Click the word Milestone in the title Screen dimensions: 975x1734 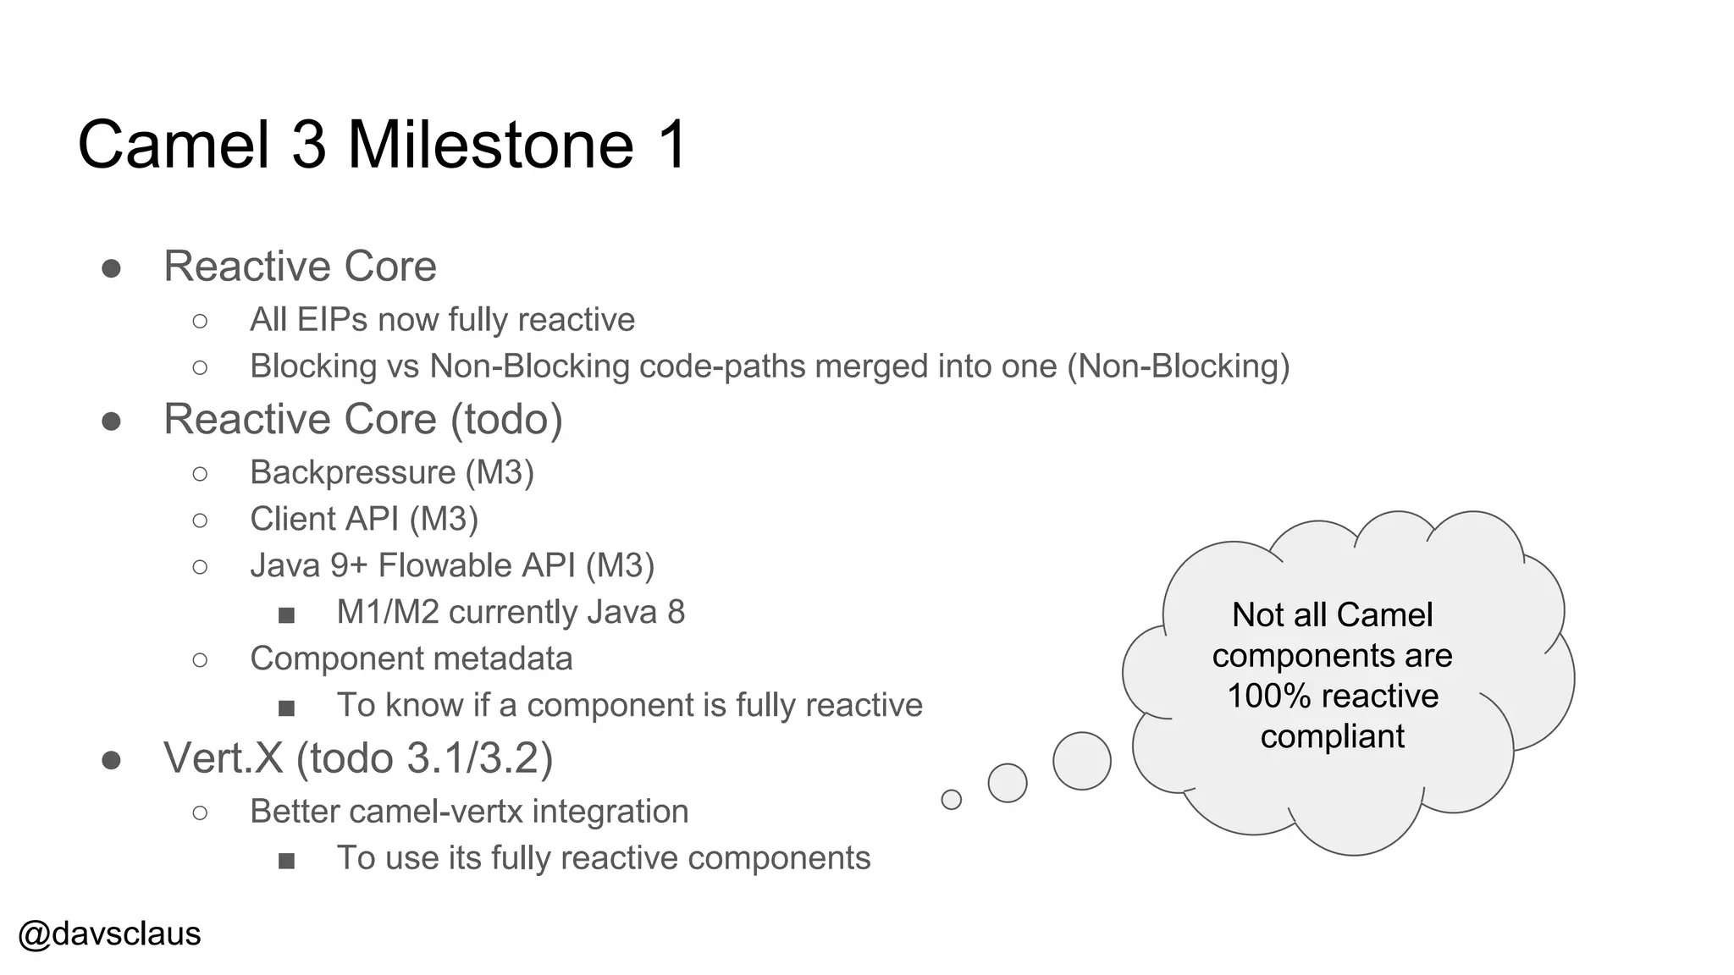(x=490, y=145)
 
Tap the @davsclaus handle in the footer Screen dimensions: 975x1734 (x=109, y=934)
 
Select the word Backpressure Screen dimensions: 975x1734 (x=352, y=472)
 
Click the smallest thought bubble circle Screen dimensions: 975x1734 (x=952, y=799)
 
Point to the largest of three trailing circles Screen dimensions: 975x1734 (x=1081, y=761)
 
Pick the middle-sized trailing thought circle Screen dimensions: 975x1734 (x=1008, y=782)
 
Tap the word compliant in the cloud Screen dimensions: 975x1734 (x=1332, y=736)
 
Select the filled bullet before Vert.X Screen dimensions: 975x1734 (x=111, y=760)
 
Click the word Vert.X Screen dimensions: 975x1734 (x=224, y=757)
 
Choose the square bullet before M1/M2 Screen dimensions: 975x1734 (x=286, y=614)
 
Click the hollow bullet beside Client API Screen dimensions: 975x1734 (x=200, y=520)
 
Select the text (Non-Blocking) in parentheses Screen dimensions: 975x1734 (x=1178, y=366)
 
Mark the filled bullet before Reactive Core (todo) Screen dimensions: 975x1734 (x=111, y=421)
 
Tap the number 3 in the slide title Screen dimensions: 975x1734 (x=309, y=145)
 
